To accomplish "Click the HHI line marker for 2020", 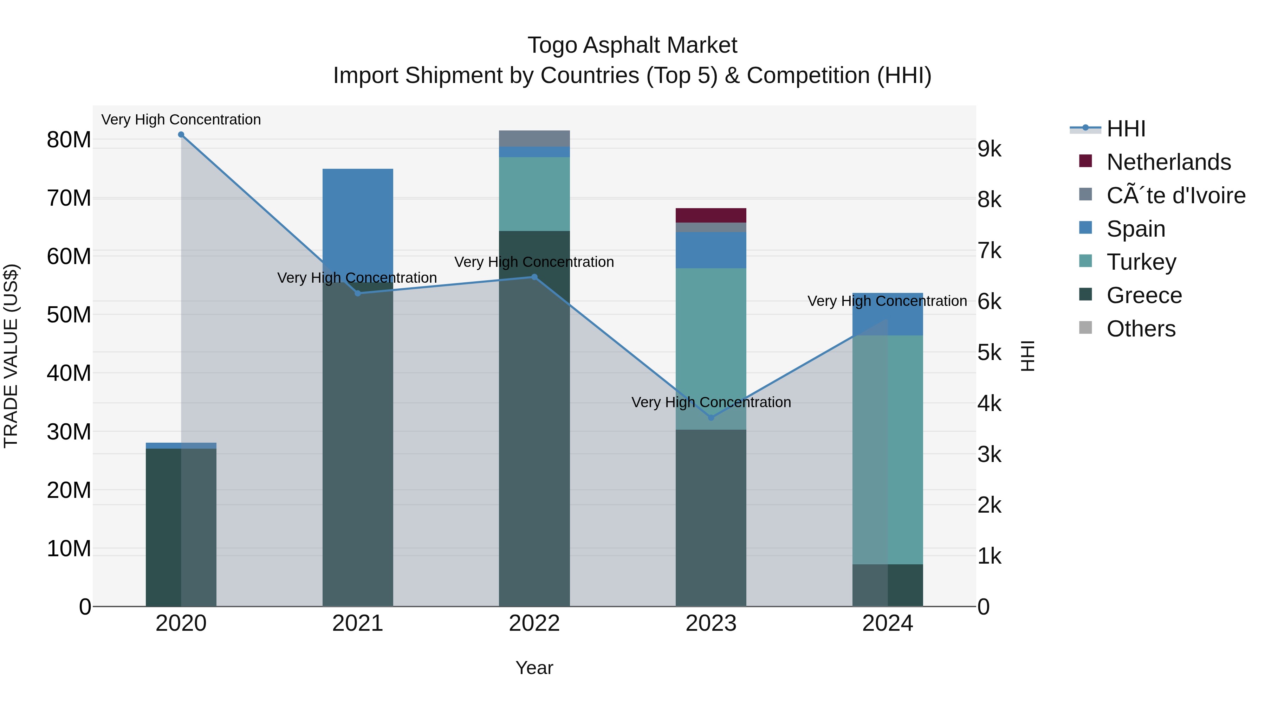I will click(181, 135).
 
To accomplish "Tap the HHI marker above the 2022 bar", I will click(534, 277).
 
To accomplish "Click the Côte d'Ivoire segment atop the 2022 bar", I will click(534, 139).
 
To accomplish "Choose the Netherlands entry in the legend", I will click(1168, 162).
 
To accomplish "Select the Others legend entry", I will click(1141, 329).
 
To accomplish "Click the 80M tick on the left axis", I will click(69, 140).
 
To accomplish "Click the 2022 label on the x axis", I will click(534, 623).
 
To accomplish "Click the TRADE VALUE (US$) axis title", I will click(11, 356).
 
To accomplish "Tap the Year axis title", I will click(534, 668).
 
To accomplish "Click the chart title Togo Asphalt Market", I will click(632, 45).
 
